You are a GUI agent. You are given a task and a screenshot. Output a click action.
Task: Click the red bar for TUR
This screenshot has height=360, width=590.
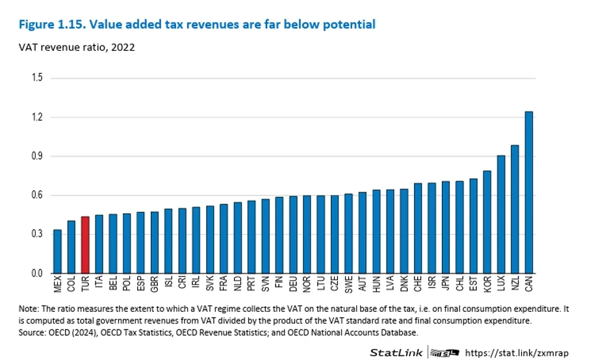85,244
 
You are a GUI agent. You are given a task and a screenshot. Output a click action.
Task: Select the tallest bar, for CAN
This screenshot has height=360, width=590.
529,192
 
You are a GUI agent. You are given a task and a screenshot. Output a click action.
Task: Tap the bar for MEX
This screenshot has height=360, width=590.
58,251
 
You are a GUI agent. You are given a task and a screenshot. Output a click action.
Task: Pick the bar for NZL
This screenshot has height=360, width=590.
515,209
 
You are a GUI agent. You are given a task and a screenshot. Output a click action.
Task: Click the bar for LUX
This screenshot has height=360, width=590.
501,214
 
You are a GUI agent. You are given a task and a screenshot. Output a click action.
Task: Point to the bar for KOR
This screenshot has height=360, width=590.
487,222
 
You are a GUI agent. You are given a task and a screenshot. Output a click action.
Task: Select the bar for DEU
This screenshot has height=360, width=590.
293,235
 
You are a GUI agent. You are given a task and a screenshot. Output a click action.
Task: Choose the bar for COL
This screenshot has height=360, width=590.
71,247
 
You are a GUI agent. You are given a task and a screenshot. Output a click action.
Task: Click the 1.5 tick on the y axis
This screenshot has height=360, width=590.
37,77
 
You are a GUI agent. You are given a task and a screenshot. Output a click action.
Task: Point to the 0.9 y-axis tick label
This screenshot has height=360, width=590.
37,156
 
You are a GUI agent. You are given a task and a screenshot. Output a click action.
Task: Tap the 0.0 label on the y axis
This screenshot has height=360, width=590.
37,273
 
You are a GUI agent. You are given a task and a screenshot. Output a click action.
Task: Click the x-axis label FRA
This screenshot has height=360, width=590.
224,283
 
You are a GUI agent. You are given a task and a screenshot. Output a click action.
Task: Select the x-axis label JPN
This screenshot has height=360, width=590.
446,283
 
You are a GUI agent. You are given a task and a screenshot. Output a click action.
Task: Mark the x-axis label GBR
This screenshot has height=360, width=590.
154,283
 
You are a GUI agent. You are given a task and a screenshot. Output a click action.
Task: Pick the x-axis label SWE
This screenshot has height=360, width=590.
348,284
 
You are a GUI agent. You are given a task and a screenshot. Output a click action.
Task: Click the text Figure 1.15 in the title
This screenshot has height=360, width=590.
53,25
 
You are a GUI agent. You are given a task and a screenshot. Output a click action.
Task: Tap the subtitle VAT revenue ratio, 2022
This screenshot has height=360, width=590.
77,47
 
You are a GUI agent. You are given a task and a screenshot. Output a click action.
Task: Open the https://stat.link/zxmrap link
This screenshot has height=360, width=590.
517,353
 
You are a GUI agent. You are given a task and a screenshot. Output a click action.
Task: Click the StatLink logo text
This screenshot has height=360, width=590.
396,352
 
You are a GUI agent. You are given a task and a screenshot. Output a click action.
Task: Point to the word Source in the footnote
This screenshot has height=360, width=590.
31,333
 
